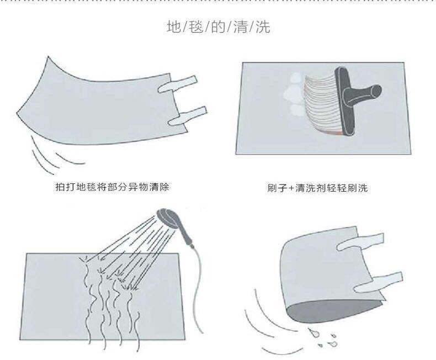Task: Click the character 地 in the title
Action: pos(174,27)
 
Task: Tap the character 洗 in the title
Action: pos(263,27)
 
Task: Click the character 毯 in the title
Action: pos(196,27)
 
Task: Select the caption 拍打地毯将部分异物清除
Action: pos(113,187)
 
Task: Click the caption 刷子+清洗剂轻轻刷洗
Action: pos(317,188)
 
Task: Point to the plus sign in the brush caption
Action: pos(291,188)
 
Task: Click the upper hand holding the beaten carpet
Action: pos(177,84)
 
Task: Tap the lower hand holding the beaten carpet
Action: pos(188,116)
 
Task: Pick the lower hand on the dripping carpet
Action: pos(378,282)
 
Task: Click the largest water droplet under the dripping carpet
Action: pos(313,332)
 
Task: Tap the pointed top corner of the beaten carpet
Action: pos(48,57)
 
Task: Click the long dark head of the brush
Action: pos(345,102)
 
